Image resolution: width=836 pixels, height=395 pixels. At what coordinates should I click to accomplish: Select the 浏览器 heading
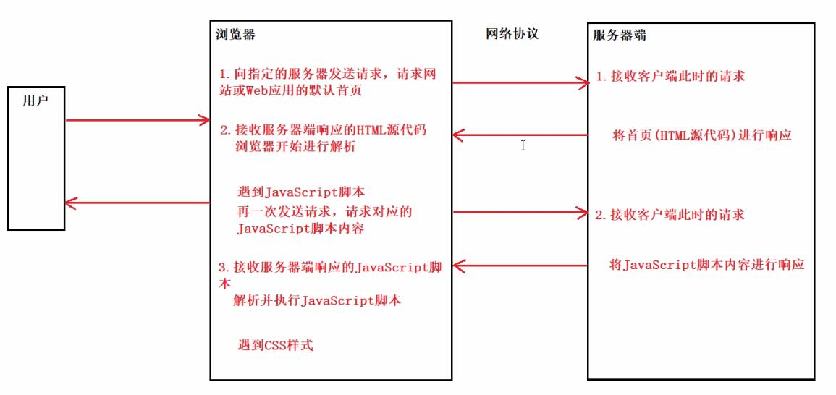[235, 34]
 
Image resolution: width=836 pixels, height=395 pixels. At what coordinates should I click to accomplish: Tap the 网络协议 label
[512, 34]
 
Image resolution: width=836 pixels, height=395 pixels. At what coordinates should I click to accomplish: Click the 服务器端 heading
[620, 34]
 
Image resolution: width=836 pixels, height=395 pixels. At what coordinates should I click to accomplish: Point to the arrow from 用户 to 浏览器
[138, 120]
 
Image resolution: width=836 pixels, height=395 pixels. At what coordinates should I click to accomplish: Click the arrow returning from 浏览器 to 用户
[138, 203]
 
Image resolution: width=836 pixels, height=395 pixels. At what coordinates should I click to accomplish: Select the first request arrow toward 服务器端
[521, 83]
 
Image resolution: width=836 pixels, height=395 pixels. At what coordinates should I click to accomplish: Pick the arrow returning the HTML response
[521, 135]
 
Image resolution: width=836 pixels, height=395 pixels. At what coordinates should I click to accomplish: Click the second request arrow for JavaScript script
[521, 213]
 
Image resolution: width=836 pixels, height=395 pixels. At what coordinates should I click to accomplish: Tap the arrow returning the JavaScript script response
[521, 266]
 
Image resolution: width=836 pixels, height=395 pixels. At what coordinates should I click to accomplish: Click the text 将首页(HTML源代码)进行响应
[701, 135]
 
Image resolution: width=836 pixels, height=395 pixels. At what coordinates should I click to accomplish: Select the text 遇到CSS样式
[275, 345]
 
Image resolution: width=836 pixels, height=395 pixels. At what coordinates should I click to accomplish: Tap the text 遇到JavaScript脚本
[300, 192]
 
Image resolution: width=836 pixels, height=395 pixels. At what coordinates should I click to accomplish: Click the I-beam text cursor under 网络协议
[523, 145]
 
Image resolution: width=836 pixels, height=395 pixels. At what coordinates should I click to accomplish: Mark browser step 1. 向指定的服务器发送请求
[304, 74]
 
